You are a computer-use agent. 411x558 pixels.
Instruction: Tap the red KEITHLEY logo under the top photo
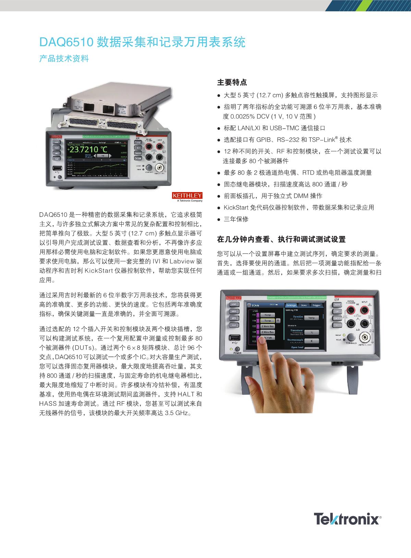(x=187, y=196)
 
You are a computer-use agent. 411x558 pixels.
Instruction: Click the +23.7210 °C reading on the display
(x=87, y=150)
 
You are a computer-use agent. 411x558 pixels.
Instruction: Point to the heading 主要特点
(x=232, y=83)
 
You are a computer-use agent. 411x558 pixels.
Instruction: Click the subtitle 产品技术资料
(x=64, y=59)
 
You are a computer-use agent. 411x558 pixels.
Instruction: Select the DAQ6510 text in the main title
(x=67, y=42)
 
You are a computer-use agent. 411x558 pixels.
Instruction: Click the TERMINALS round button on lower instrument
(x=351, y=337)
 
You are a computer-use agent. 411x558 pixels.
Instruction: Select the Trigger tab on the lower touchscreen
(x=316, y=305)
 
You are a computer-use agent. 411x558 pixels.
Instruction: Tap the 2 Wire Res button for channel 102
(x=267, y=327)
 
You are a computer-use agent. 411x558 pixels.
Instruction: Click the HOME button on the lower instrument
(x=234, y=304)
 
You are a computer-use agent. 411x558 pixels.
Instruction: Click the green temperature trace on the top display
(x=99, y=168)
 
